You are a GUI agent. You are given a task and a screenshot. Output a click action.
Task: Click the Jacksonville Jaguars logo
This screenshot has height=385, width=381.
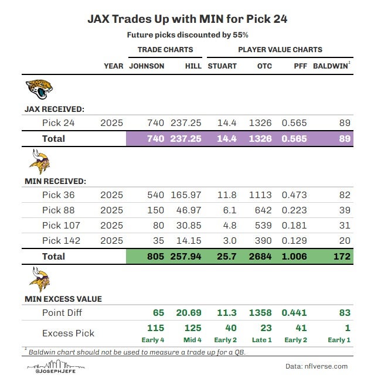click(x=39, y=90)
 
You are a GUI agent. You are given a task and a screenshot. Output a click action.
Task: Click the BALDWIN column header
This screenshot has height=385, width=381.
click(x=331, y=66)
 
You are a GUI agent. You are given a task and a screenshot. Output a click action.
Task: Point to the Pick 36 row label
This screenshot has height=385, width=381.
click(x=59, y=195)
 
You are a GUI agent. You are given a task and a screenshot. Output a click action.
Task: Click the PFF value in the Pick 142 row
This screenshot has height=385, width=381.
click(x=295, y=241)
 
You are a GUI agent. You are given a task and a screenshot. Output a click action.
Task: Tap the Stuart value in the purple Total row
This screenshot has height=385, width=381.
click(x=226, y=139)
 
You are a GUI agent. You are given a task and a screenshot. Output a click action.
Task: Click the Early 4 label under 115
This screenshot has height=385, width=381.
click(x=155, y=339)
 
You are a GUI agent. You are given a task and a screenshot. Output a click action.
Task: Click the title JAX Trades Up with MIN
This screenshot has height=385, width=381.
click(x=188, y=19)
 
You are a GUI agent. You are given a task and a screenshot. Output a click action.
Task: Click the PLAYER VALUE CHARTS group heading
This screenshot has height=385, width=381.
click(x=280, y=50)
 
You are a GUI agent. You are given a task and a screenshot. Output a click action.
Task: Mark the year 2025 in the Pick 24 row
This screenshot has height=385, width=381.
click(x=111, y=123)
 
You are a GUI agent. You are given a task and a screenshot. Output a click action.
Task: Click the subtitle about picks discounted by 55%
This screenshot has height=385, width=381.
click(x=188, y=35)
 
